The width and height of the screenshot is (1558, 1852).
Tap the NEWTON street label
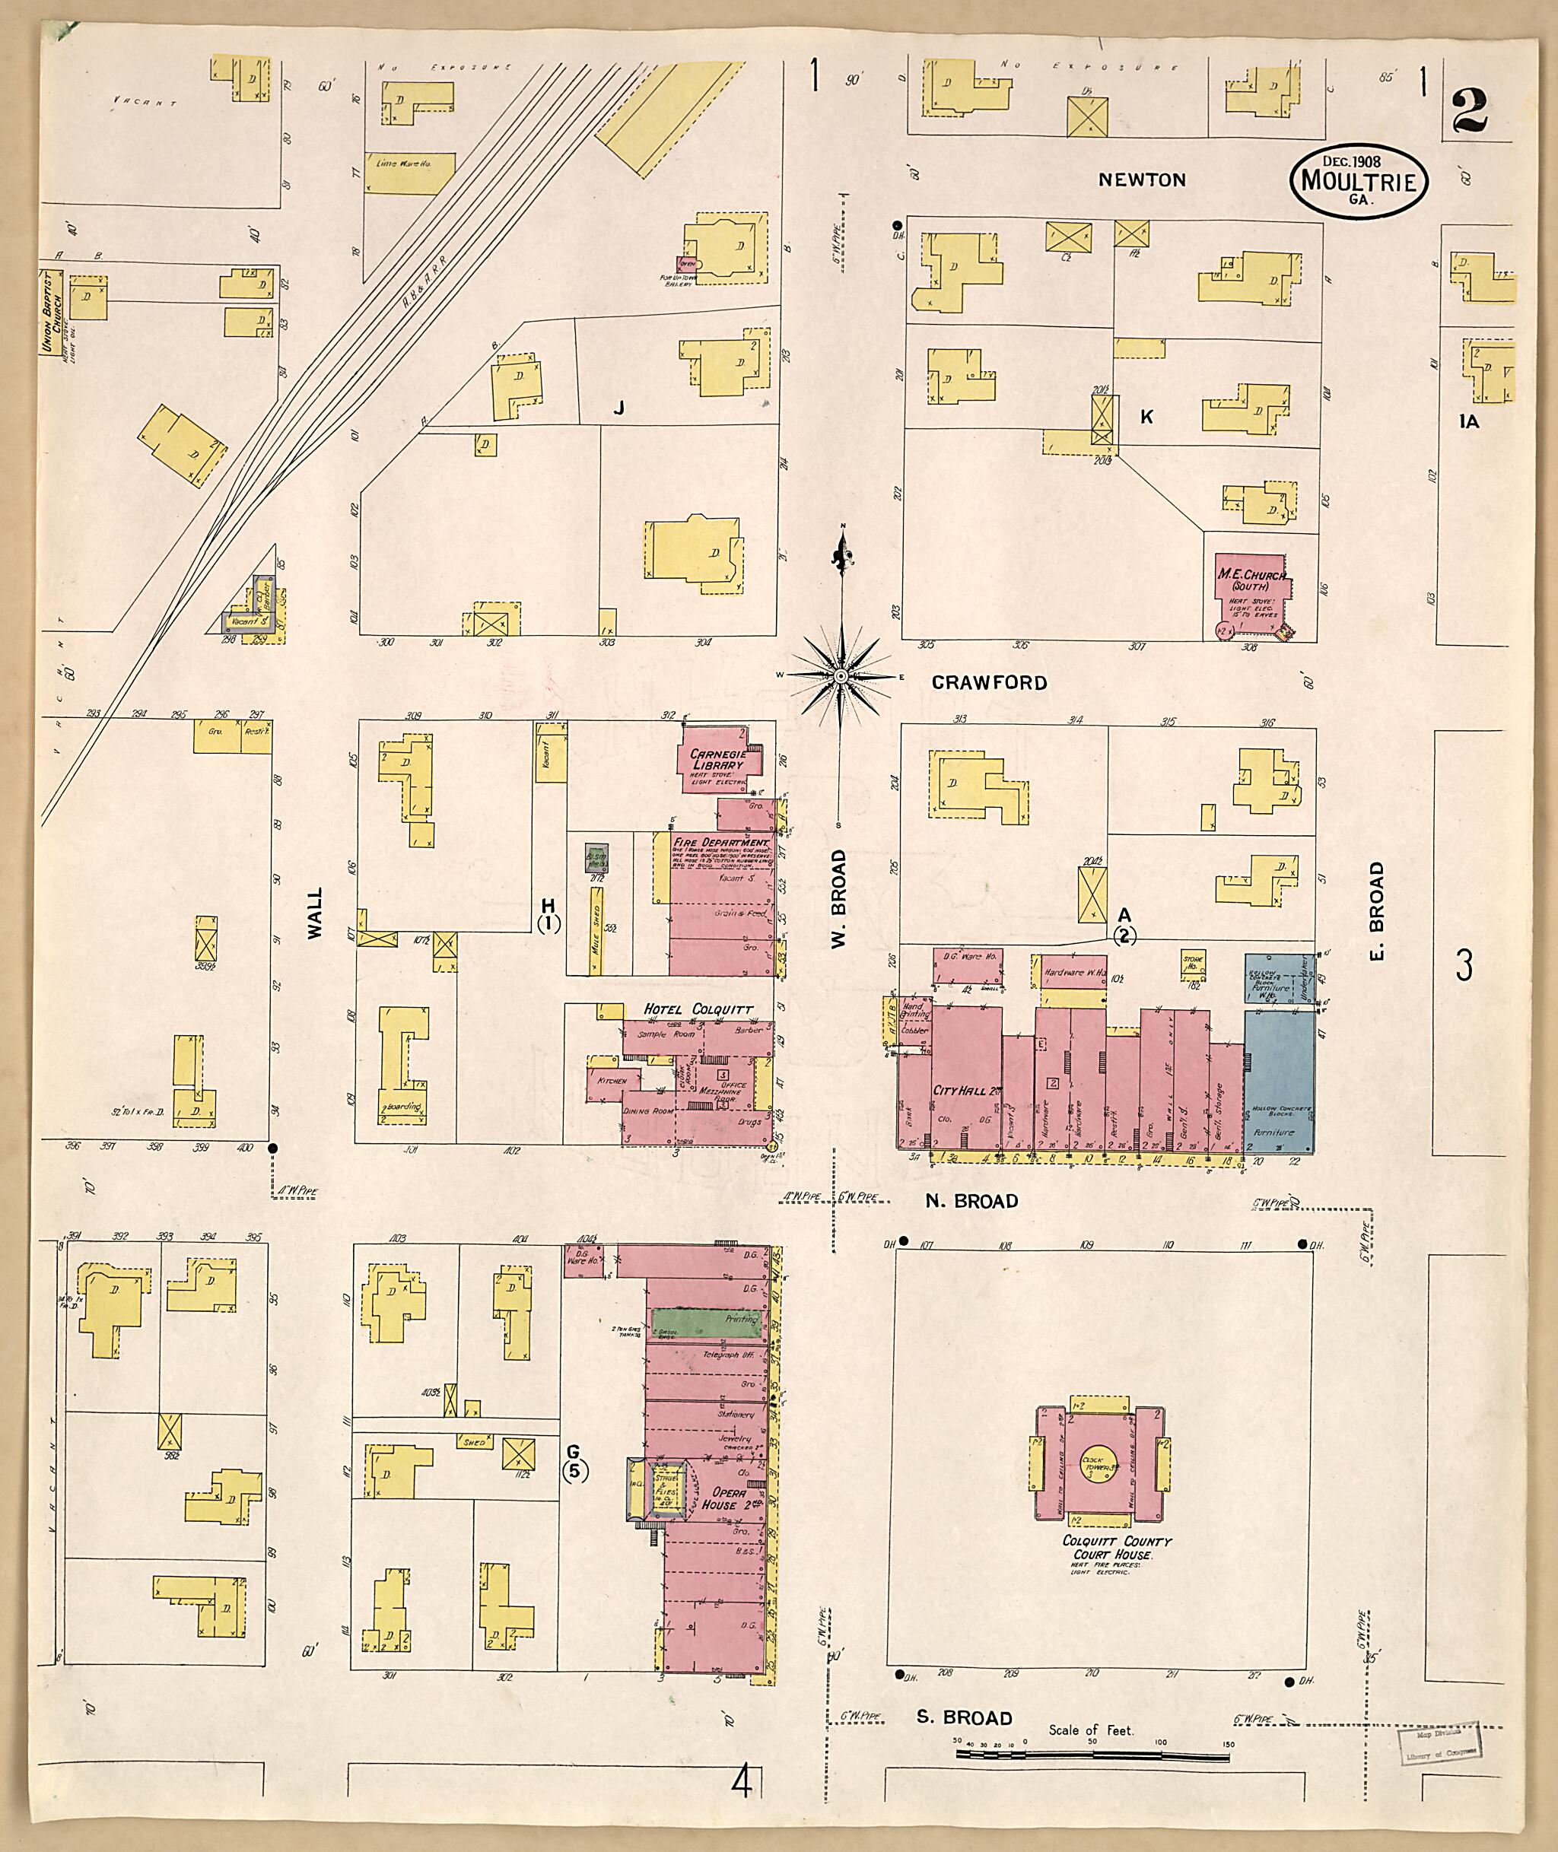pos(1141,180)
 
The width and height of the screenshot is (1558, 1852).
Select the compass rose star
pos(841,676)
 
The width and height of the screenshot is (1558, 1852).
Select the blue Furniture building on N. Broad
pos(1279,1078)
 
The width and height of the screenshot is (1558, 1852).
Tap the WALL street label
pos(314,913)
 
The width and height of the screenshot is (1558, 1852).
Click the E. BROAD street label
pos(1377,910)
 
